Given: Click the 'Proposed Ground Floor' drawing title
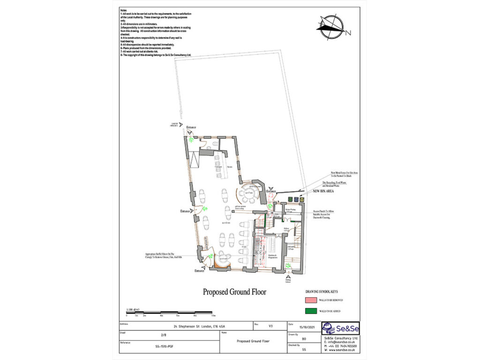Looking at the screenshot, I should (x=234, y=292).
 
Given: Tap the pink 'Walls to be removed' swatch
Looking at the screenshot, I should (x=310, y=299).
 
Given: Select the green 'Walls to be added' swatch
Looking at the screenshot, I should (x=310, y=310).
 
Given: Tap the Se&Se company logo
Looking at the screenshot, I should (x=341, y=328).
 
